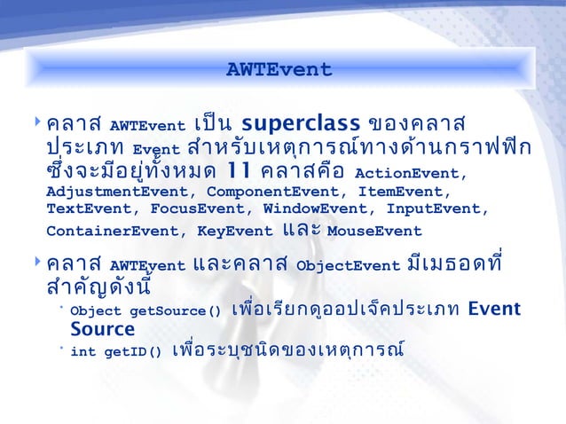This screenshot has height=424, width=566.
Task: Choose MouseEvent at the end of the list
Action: click(x=374, y=232)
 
